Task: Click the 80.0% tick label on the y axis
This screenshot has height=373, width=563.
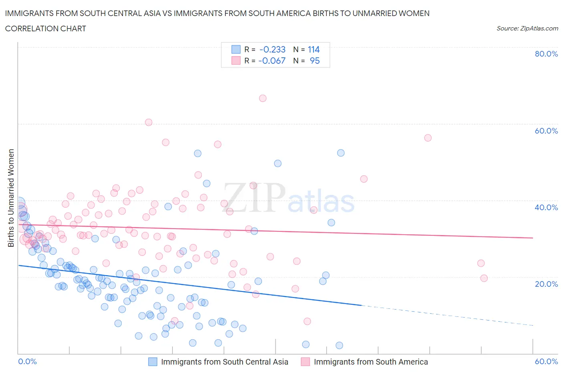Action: click(546, 54)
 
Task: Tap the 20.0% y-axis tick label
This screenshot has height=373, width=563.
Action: click(546, 284)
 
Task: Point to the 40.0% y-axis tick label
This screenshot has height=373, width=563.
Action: click(546, 207)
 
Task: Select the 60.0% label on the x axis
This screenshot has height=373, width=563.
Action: click(546, 361)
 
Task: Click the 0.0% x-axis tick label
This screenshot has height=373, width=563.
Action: click(28, 361)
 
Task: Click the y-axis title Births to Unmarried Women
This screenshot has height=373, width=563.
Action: click(11, 198)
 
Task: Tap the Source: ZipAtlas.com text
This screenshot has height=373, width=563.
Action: click(527, 28)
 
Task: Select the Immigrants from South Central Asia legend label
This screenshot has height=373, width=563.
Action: click(224, 362)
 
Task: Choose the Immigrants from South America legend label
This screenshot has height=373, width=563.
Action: click(370, 362)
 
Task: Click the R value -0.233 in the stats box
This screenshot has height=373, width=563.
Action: click(272, 50)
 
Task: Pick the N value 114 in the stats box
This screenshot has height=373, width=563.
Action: click(314, 50)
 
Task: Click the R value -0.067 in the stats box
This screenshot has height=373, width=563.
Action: click(272, 61)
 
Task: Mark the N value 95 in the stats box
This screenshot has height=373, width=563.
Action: click(315, 61)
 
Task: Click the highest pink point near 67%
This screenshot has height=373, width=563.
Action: click(263, 98)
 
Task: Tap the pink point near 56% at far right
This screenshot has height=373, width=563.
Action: click(428, 138)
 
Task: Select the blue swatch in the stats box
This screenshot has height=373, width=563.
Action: click(236, 50)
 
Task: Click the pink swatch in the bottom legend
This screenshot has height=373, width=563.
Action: click(306, 362)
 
